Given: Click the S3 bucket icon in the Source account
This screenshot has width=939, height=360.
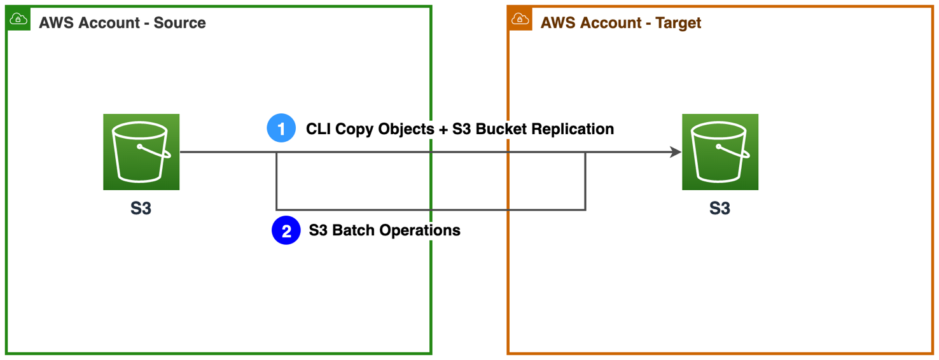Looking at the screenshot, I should point(141,152).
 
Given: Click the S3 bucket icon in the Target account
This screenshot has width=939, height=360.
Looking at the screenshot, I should point(720,152).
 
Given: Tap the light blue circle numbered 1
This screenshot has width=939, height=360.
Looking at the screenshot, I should point(281,128).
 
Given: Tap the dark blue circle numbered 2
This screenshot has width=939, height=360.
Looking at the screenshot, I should point(286,230).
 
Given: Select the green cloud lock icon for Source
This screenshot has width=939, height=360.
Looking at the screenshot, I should point(18,19).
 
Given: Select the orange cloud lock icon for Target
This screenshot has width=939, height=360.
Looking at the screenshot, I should point(520,19).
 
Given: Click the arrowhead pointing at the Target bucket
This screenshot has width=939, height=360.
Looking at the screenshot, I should point(675,152).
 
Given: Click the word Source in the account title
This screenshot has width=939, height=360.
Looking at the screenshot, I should point(179,23).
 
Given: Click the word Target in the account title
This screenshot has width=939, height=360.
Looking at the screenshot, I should point(678,23).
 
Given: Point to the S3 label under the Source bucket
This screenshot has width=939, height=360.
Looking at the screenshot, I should point(141,209).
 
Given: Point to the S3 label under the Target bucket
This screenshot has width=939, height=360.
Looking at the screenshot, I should point(720,209).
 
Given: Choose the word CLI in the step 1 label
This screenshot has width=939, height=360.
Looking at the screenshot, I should point(319,129).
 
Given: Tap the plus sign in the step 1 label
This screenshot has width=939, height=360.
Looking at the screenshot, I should point(443,129).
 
